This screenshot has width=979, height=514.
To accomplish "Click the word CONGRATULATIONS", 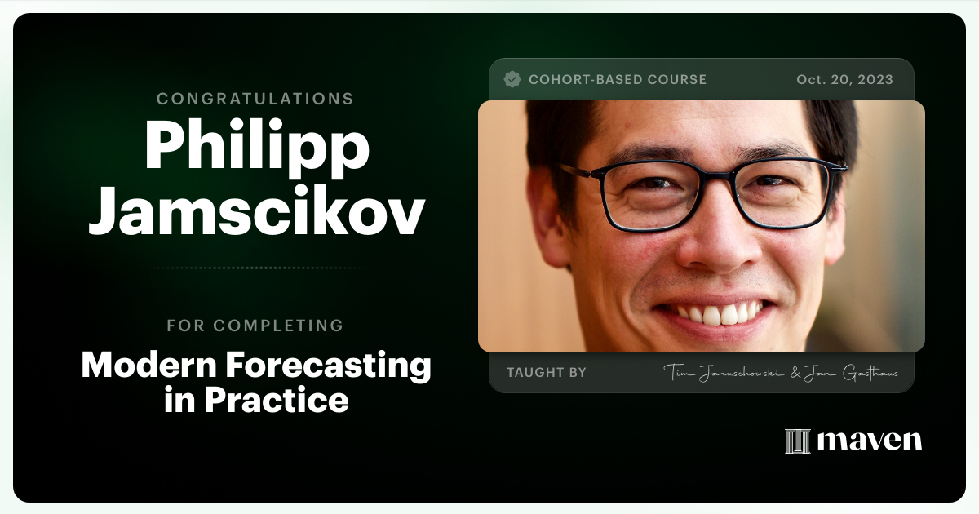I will pos(255,99).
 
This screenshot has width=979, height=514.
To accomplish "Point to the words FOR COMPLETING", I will pos(255,326).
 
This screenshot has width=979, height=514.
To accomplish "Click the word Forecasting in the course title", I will pos(330,366).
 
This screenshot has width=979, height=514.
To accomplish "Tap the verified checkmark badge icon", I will pos(512,79).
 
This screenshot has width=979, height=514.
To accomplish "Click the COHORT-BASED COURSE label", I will pos(618,80).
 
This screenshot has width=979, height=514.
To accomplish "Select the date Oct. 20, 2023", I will pos(844,80).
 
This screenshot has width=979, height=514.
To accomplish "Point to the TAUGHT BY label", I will pos(547,373).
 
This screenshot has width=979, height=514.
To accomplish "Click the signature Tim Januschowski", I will pos(718,373).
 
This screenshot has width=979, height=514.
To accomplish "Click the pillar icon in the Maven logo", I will pos(797,441).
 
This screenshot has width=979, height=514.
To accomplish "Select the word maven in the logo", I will pos(870,441).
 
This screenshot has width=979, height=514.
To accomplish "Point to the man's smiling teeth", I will pos(712,312).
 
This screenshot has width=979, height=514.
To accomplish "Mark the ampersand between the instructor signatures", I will pos(795,373).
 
